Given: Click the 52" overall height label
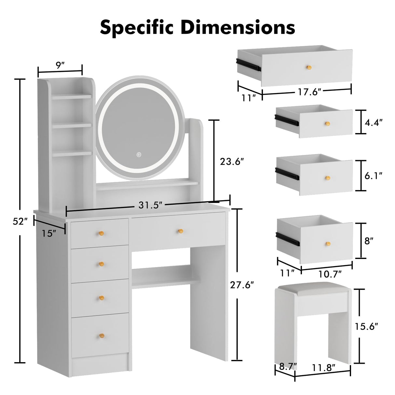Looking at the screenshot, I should [x=20, y=222].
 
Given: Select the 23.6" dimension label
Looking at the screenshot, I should [x=232, y=162].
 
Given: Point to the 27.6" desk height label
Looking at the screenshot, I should [x=241, y=285].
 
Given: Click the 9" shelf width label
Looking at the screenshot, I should [x=59, y=65].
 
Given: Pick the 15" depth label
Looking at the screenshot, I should [x=49, y=233].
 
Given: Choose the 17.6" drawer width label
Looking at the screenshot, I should [x=310, y=92].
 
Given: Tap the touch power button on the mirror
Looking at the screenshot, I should [x=139, y=155].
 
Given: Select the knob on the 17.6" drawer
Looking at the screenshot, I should [x=308, y=67].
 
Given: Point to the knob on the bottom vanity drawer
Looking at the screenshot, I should [x=102, y=335].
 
